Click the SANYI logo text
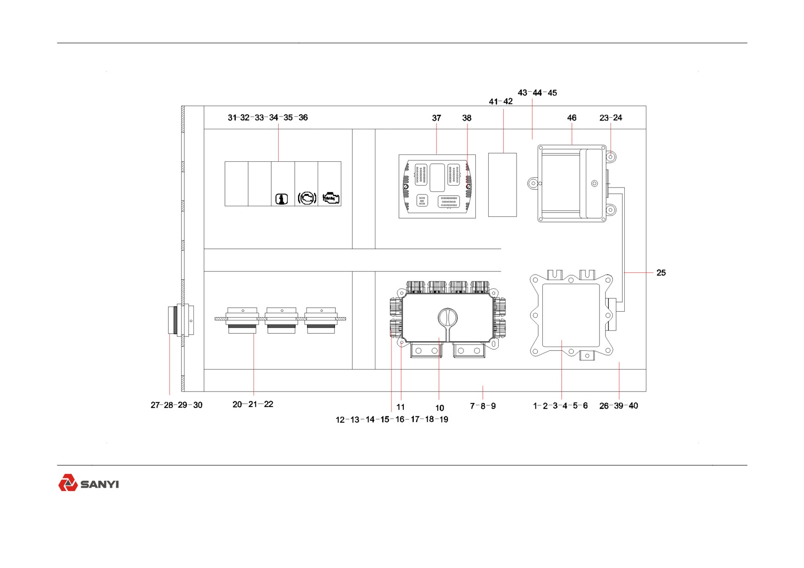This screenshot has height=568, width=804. [x=100, y=484]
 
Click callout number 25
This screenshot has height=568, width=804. [x=661, y=273]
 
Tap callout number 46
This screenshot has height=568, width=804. [x=572, y=118]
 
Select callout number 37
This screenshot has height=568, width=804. [x=436, y=118]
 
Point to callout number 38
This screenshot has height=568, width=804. [x=467, y=118]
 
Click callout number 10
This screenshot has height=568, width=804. [x=440, y=408]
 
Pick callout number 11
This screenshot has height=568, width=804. [x=401, y=407]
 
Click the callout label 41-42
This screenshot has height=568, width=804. [x=501, y=101]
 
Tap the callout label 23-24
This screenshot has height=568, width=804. [x=611, y=118]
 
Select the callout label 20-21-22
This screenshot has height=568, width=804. [x=253, y=404]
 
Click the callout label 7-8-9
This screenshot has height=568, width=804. [x=483, y=406]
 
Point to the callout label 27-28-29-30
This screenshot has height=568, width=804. [x=176, y=405]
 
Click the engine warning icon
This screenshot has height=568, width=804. [x=331, y=199]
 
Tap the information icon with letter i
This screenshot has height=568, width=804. [x=281, y=199]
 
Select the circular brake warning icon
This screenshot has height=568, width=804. [x=307, y=198]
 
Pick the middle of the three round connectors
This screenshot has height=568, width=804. [x=281, y=320]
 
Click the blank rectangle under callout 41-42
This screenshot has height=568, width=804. [x=502, y=185]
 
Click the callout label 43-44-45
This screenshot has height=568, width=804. [x=537, y=93]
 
